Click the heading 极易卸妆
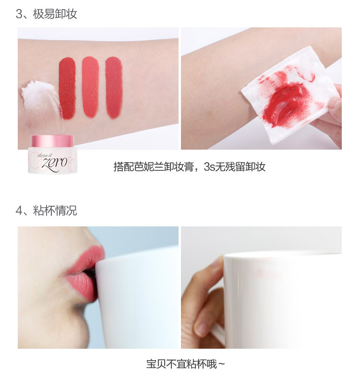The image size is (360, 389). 55,14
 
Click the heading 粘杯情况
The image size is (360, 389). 55,211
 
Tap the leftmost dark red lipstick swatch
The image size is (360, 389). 67,88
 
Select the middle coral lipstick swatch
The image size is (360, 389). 90,87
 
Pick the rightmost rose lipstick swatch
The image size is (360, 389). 114,87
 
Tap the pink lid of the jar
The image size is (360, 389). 53,141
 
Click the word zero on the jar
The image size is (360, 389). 55,163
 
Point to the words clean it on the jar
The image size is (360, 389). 45,156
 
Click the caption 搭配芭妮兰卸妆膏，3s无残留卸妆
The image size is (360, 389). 190,167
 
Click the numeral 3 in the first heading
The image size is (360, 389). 19,14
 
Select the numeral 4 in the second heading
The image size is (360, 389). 19,211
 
